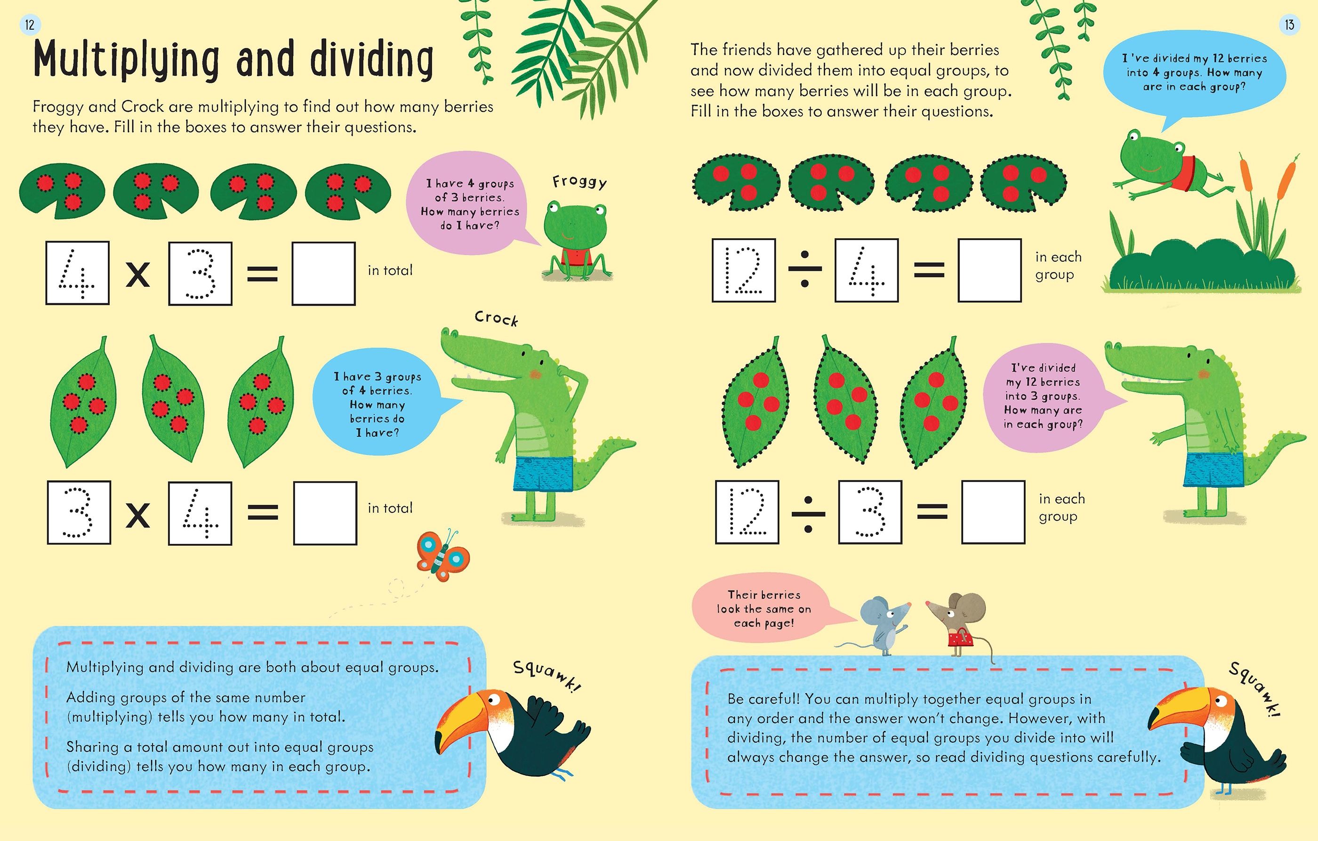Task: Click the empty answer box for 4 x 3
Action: pyautogui.click(x=323, y=273)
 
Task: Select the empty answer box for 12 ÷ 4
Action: pyautogui.click(x=989, y=270)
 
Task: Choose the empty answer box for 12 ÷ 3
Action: pyautogui.click(x=993, y=512)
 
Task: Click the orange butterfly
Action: pyautogui.click(x=443, y=556)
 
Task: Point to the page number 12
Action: pyautogui.click(x=30, y=24)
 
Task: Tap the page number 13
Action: pyautogui.click(x=1290, y=24)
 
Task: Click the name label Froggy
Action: pyautogui.click(x=579, y=181)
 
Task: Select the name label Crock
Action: pyautogui.click(x=496, y=318)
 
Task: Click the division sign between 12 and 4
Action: pyautogui.click(x=804, y=269)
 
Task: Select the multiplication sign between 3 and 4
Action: pyautogui.click(x=138, y=515)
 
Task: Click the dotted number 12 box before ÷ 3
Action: pyautogui.click(x=747, y=512)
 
